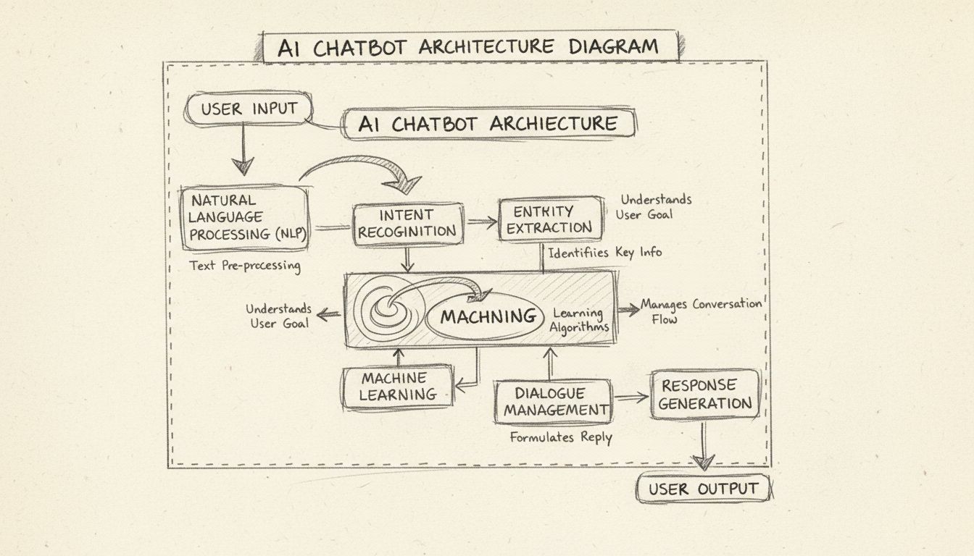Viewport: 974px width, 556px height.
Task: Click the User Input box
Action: pos(249,110)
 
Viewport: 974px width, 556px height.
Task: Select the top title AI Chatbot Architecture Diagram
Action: pos(468,47)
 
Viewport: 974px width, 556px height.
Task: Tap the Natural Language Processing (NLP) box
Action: pos(244,217)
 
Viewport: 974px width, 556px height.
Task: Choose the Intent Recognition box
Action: pos(407,223)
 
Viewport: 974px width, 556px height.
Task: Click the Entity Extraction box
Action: pos(551,219)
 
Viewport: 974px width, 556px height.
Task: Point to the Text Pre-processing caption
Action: pos(245,266)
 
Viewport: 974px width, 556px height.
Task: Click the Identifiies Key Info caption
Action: pos(604,253)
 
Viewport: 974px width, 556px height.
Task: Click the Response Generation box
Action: pos(704,394)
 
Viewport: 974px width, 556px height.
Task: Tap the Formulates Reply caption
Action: pos(560,438)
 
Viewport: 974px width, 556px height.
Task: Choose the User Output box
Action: pos(702,489)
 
